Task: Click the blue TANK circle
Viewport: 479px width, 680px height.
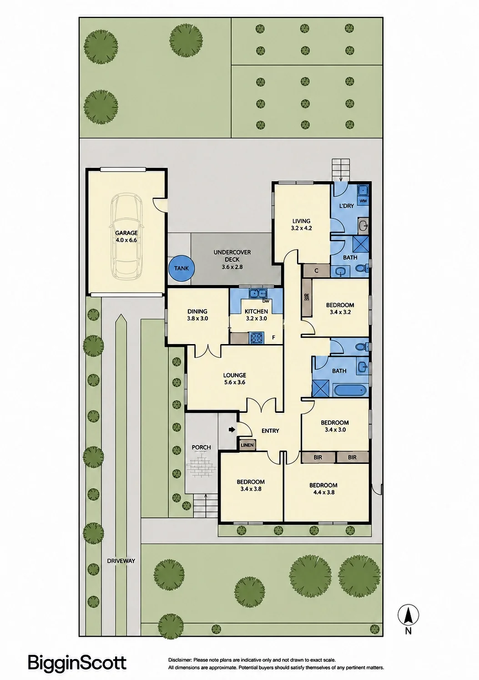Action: tap(182, 268)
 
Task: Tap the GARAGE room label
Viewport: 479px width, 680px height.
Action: tap(126, 233)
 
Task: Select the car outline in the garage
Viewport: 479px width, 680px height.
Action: tap(126, 236)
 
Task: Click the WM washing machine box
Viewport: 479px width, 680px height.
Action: tap(363, 201)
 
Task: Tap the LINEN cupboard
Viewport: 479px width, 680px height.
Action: tap(247, 445)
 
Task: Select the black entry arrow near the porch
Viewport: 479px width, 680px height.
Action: tap(232, 430)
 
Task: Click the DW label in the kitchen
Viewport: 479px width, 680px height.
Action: tap(266, 301)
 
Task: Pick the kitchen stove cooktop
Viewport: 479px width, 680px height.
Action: tap(257, 338)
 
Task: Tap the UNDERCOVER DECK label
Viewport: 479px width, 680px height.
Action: tap(232, 256)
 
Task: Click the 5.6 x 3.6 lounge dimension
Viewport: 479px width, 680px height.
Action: tap(234, 382)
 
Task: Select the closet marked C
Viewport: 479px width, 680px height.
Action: tap(317, 270)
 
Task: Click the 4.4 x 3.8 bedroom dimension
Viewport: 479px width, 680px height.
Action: tap(324, 492)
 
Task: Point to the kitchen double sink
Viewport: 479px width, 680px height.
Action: tap(257, 293)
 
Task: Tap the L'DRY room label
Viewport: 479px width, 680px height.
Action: tap(347, 206)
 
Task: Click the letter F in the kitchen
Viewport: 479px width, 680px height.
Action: tap(273, 338)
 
